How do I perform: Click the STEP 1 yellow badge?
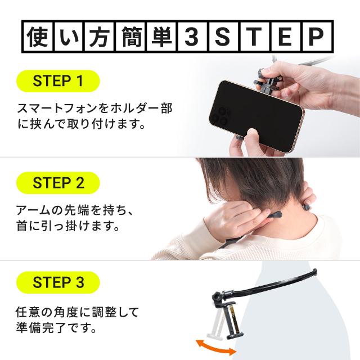(x=58, y=81)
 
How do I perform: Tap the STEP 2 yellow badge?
(x=58, y=183)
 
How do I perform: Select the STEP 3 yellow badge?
(x=58, y=282)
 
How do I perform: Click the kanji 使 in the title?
(x=38, y=37)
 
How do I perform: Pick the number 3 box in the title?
(x=192, y=37)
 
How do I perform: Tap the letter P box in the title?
(x=317, y=37)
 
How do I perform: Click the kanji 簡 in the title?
(x=130, y=37)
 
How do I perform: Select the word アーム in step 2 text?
(x=33, y=210)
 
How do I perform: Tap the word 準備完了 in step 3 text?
(x=42, y=327)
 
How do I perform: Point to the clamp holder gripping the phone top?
(x=266, y=83)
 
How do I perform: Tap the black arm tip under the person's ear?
(x=274, y=215)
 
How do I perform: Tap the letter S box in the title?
(x=223, y=37)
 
